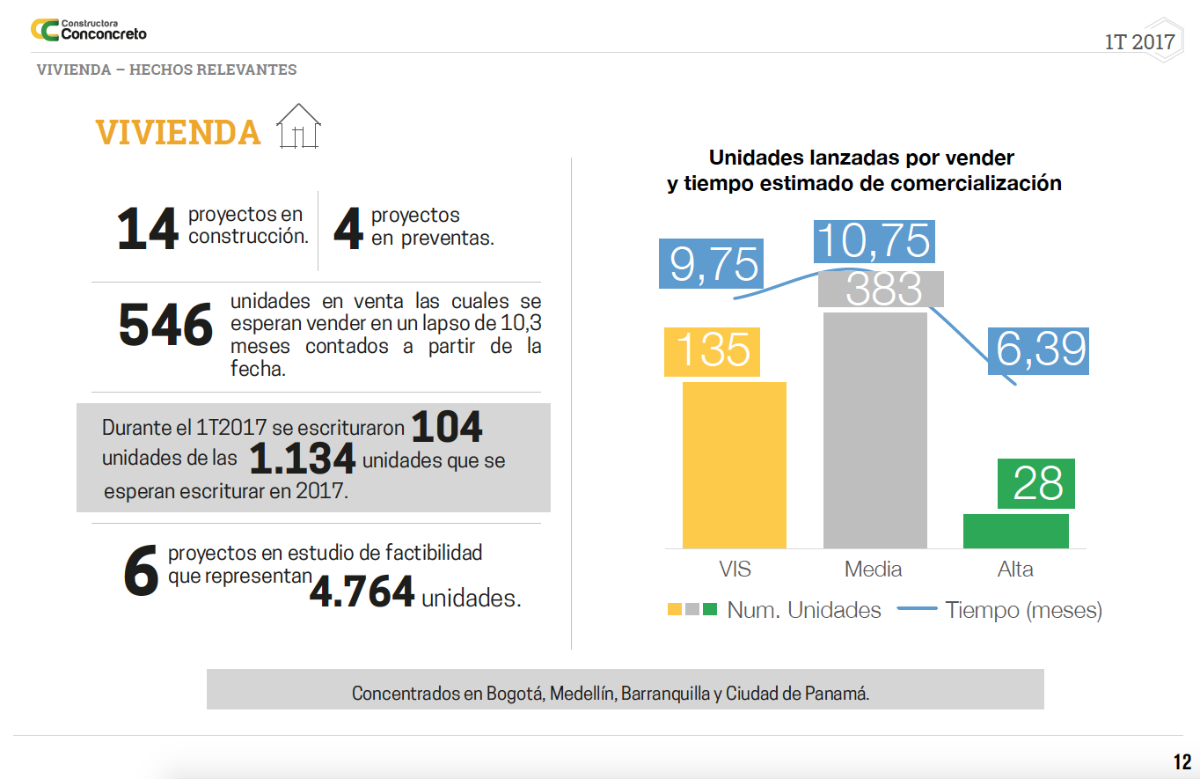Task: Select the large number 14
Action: tap(148, 229)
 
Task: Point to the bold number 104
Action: tap(447, 428)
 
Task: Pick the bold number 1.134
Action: tap(302, 459)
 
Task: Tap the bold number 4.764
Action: tap(362, 592)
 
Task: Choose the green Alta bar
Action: tap(1015, 531)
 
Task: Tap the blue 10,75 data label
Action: tap(874, 240)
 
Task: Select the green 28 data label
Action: tap(1038, 483)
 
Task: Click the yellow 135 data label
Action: tap(713, 349)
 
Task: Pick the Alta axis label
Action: tap(1015, 569)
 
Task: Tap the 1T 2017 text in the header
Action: tap(1139, 42)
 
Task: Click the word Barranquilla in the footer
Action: tap(665, 694)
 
